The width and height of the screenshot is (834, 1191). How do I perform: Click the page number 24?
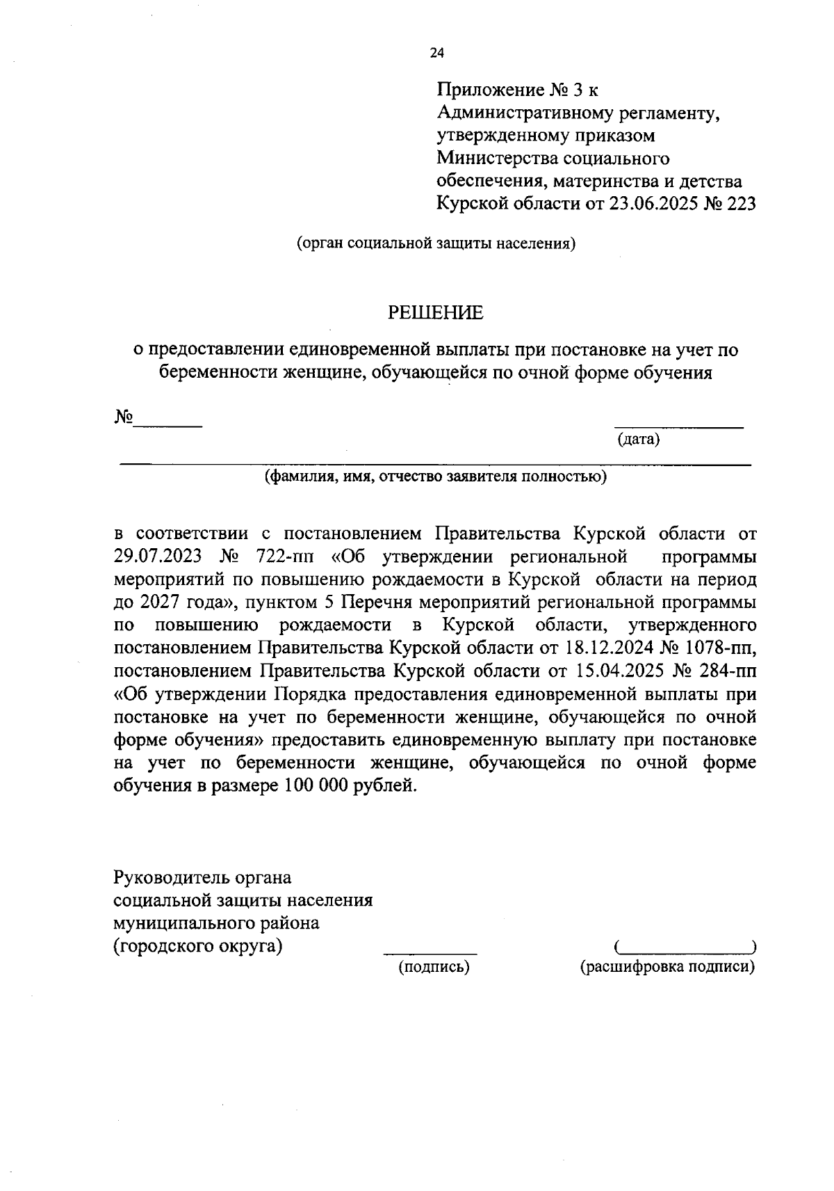(x=436, y=53)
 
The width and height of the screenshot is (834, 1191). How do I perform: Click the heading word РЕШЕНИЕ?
(x=435, y=313)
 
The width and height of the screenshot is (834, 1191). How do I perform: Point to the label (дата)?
(x=638, y=440)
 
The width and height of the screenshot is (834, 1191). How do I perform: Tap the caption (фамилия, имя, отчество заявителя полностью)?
(x=435, y=477)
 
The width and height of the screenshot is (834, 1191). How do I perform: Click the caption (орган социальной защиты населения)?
(x=436, y=243)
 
